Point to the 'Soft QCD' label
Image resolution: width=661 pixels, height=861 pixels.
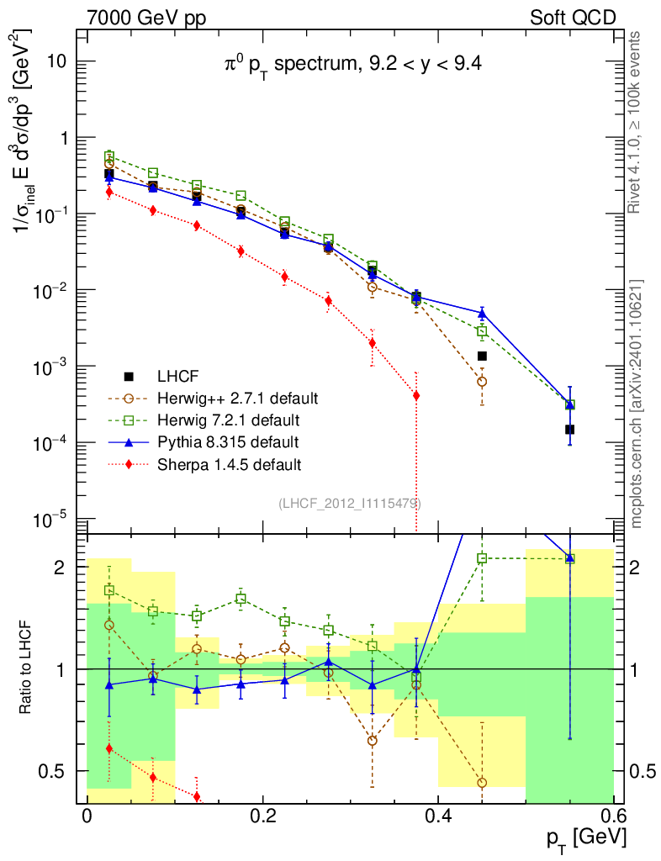pyautogui.click(x=572, y=18)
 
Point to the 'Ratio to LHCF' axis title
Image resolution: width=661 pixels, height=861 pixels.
pyautogui.click(x=28, y=668)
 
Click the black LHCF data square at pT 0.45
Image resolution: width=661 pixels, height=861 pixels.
pyautogui.click(x=482, y=356)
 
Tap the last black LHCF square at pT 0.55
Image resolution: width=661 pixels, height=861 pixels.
pyautogui.click(x=569, y=429)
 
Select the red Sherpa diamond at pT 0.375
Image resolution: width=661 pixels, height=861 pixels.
pyautogui.click(x=416, y=395)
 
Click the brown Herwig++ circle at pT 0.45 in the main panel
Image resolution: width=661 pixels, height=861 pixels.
pyautogui.click(x=482, y=381)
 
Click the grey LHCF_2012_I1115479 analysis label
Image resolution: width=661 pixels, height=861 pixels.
pyautogui.click(x=350, y=504)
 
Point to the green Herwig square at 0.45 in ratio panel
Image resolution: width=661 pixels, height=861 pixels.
pyautogui.click(x=482, y=558)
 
